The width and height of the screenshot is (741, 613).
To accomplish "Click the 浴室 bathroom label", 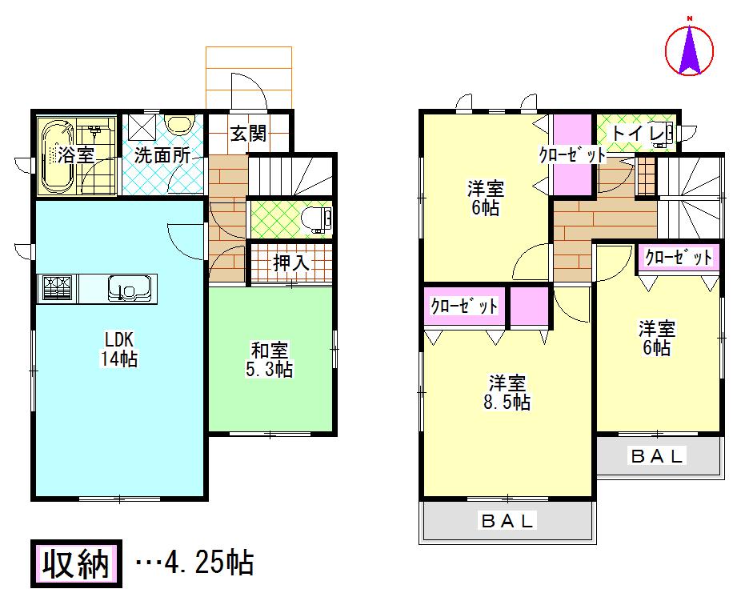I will (x=78, y=154).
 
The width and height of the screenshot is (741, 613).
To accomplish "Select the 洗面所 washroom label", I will (x=162, y=154).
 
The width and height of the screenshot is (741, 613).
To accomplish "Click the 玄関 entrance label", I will (x=248, y=134).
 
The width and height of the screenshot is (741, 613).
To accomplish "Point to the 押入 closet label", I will (x=290, y=262).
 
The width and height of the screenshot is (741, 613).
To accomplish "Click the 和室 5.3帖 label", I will (x=271, y=360).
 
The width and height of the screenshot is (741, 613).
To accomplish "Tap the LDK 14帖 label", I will (x=118, y=348).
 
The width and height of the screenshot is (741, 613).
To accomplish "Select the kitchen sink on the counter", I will (x=125, y=287).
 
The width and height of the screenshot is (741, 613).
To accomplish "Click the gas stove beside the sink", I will (x=57, y=287).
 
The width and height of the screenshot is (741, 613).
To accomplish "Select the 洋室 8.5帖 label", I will (x=509, y=391).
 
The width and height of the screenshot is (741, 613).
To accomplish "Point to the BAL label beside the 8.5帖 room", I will (x=658, y=457).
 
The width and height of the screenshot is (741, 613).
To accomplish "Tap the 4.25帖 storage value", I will (x=208, y=564).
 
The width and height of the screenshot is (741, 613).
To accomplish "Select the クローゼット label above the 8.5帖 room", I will (x=465, y=306).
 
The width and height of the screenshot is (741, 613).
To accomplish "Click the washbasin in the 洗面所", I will (x=182, y=126).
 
